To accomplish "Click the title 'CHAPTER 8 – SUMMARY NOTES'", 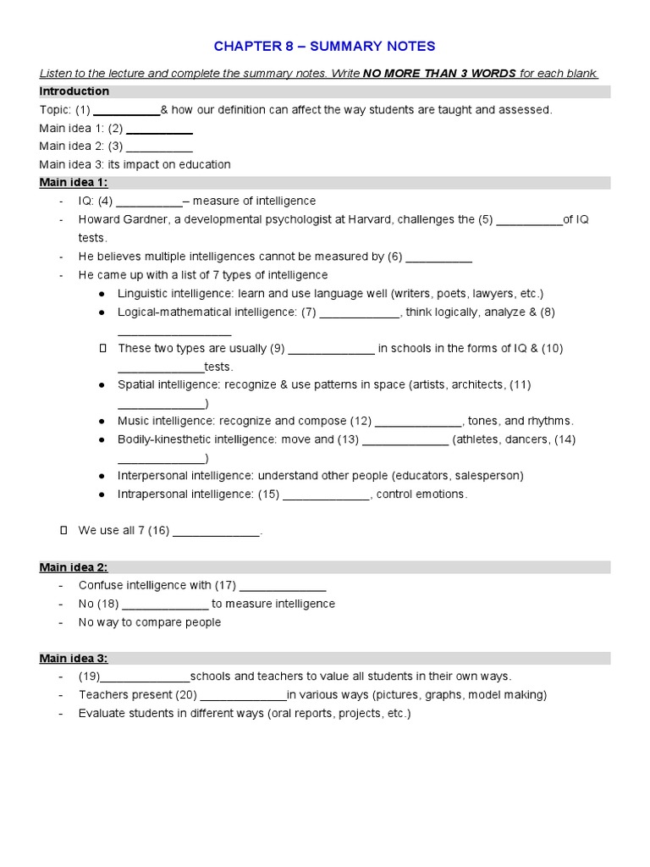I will tap(325, 45).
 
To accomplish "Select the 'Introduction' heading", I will tap(74, 91).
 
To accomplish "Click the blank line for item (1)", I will tap(126, 111).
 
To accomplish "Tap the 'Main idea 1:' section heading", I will tap(74, 183).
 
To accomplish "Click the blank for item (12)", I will tap(417, 422).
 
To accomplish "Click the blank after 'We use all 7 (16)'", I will tap(216, 532).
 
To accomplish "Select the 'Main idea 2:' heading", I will tap(74, 567).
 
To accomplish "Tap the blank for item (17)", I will tap(283, 586).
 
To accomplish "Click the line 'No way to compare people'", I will tap(150, 622).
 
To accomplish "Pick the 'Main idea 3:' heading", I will tap(74, 658).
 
